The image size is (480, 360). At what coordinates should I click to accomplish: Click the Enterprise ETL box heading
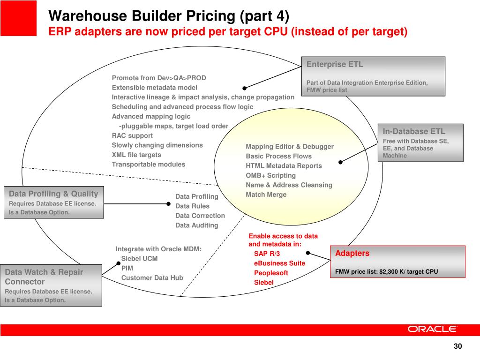(335, 65)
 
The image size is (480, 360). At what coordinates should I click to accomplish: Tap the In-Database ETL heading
(414, 132)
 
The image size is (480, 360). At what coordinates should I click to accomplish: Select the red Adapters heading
(352, 254)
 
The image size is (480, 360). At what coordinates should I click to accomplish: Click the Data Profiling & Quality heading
(53, 194)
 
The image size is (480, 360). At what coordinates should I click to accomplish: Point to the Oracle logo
(432, 329)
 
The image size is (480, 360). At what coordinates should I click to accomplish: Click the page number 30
(457, 346)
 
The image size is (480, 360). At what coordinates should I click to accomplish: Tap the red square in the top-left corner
(18, 18)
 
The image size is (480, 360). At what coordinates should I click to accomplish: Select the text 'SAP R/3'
(267, 254)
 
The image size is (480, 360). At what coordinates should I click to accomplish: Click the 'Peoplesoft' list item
(271, 273)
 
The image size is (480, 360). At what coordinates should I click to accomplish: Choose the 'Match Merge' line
(266, 195)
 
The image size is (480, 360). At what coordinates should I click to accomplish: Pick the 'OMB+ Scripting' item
(270, 175)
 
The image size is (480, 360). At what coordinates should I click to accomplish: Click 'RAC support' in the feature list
(132, 135)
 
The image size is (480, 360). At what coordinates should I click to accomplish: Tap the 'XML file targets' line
(136, 155)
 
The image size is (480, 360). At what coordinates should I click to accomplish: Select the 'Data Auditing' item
(196, 225)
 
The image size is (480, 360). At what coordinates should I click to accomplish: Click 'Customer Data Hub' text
(152, 278)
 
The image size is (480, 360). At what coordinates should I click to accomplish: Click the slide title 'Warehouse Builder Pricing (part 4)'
(169, 16)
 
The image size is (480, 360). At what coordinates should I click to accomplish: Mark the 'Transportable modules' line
(148, 164)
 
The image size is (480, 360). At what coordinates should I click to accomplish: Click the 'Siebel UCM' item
(139, 259)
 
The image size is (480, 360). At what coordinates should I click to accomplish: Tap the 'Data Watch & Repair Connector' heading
(44, 277)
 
